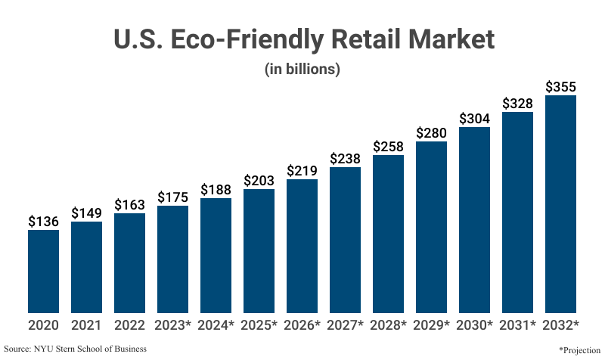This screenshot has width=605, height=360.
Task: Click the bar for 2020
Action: tap(43, 271)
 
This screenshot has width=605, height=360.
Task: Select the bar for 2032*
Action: tap(560, 203)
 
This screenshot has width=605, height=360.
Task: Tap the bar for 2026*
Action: tap(302, 246)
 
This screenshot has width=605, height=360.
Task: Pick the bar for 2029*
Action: tap(431, 227)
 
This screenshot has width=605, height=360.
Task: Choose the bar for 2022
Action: tap(129, 262)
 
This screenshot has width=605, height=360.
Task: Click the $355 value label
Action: tap(560, 86)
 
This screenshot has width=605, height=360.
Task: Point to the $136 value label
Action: tap(43, 222)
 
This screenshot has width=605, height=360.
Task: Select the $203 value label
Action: tap(259, 181)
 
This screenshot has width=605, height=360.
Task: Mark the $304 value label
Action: tap(474, 119)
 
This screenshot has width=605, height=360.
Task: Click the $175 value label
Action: tap(172, 197)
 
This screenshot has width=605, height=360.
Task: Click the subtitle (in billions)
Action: tap(302, 69)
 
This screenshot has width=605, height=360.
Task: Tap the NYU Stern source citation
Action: tap(76, 349)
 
